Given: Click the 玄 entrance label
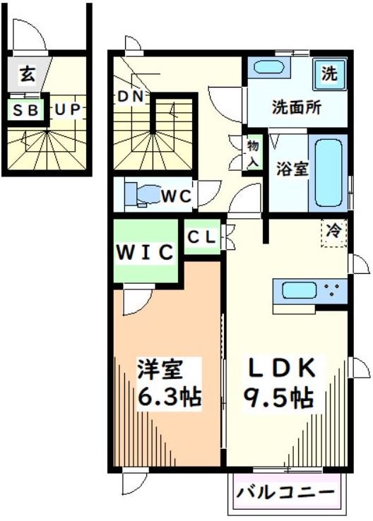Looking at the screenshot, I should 27,73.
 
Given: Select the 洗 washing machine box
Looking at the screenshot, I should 329,73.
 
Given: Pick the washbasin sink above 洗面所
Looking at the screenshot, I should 271,69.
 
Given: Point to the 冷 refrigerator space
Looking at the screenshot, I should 334,231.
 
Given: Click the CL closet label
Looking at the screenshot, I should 203,237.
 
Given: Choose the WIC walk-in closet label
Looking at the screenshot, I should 146,251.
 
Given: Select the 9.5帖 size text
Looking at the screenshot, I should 279,397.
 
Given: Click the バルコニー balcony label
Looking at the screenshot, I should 289,491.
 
